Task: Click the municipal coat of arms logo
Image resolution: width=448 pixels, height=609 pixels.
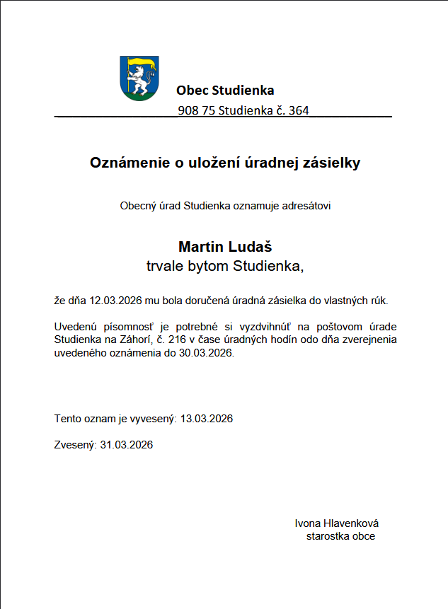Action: point(139,78)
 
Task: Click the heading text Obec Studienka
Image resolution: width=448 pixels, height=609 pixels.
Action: point(225,90)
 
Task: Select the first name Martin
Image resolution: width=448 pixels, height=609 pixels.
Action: point(201,247)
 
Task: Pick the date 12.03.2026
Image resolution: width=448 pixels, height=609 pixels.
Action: point(116,301)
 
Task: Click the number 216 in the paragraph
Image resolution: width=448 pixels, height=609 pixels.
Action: point(178,340)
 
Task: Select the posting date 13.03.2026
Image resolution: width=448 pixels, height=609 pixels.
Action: point(207,419)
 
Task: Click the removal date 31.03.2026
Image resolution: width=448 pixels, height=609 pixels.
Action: point(127,445)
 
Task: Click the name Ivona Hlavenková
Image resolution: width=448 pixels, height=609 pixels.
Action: point(337,523)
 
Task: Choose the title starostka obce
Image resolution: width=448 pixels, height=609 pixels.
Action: point(340,536)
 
